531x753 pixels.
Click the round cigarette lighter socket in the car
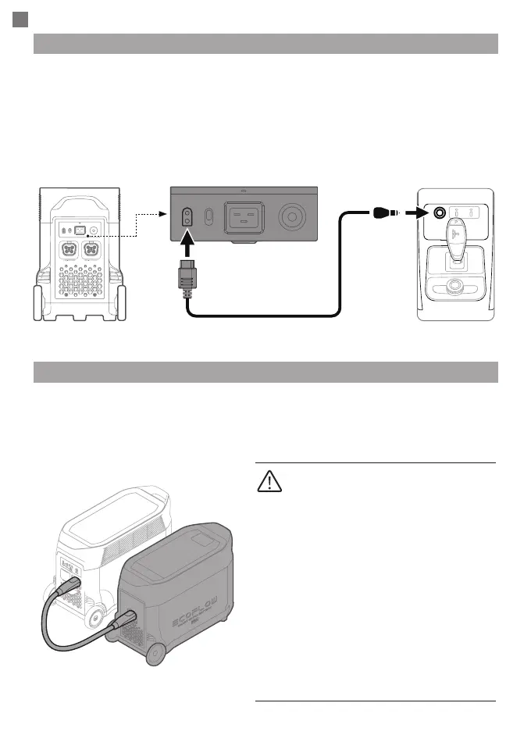point(440,212)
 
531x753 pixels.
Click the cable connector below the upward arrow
point(187,284)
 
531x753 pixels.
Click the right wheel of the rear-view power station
point(122,302)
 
